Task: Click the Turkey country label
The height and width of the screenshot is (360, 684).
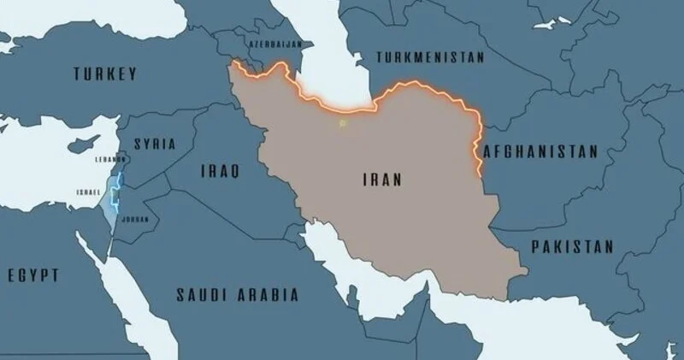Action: [104, 74]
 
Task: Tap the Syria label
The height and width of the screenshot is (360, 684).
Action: [155, 145]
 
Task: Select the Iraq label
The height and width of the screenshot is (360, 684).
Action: [219, 171]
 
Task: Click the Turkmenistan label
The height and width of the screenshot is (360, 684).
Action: [428, 57]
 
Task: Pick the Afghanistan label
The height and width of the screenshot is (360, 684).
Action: [540, 151]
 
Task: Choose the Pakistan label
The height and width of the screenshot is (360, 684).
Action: [572, 246]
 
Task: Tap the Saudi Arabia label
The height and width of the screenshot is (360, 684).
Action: [237, 295]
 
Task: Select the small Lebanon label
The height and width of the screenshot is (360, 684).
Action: [111, 159]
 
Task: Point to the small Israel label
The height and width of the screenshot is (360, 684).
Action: [87, 192]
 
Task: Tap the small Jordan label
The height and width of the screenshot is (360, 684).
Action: [135, 219]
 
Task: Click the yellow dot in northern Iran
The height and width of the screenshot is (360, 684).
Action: [342, 124]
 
